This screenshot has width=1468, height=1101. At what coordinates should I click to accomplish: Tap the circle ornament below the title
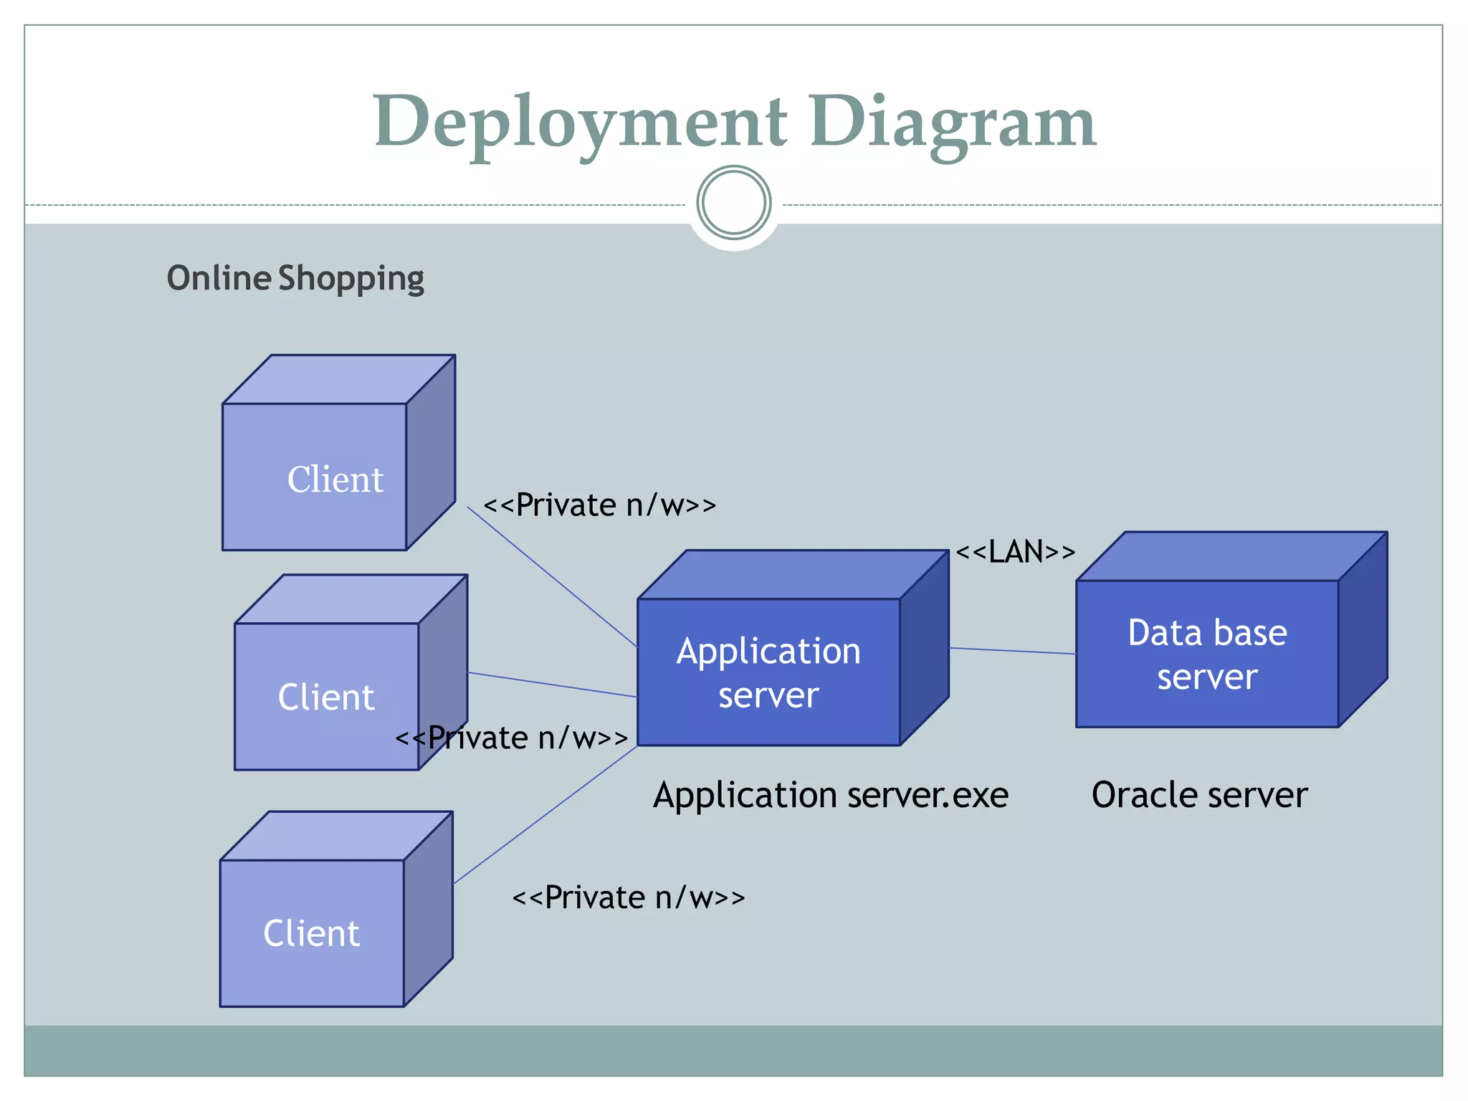733,203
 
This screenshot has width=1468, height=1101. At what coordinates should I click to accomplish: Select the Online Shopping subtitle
295,278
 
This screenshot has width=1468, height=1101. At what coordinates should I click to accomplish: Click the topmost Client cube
315,477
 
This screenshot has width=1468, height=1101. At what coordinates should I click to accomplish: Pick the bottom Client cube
313,932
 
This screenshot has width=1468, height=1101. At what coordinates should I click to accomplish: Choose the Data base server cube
1207,653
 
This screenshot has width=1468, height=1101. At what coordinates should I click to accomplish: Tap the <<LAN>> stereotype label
1016,552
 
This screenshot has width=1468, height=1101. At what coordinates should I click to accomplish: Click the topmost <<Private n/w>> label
599,505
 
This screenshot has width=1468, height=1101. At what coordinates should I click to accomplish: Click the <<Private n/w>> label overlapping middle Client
512,738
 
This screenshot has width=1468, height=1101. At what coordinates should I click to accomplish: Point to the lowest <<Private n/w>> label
629,897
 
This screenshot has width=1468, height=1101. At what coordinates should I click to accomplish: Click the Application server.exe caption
830,795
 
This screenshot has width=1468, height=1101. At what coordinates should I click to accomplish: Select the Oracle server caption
1199,795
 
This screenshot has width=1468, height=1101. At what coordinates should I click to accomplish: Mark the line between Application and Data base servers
1012,651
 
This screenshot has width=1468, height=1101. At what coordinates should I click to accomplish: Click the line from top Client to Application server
552,577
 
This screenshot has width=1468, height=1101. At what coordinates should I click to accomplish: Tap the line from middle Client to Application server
552,685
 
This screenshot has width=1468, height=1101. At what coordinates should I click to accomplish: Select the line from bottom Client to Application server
545,815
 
